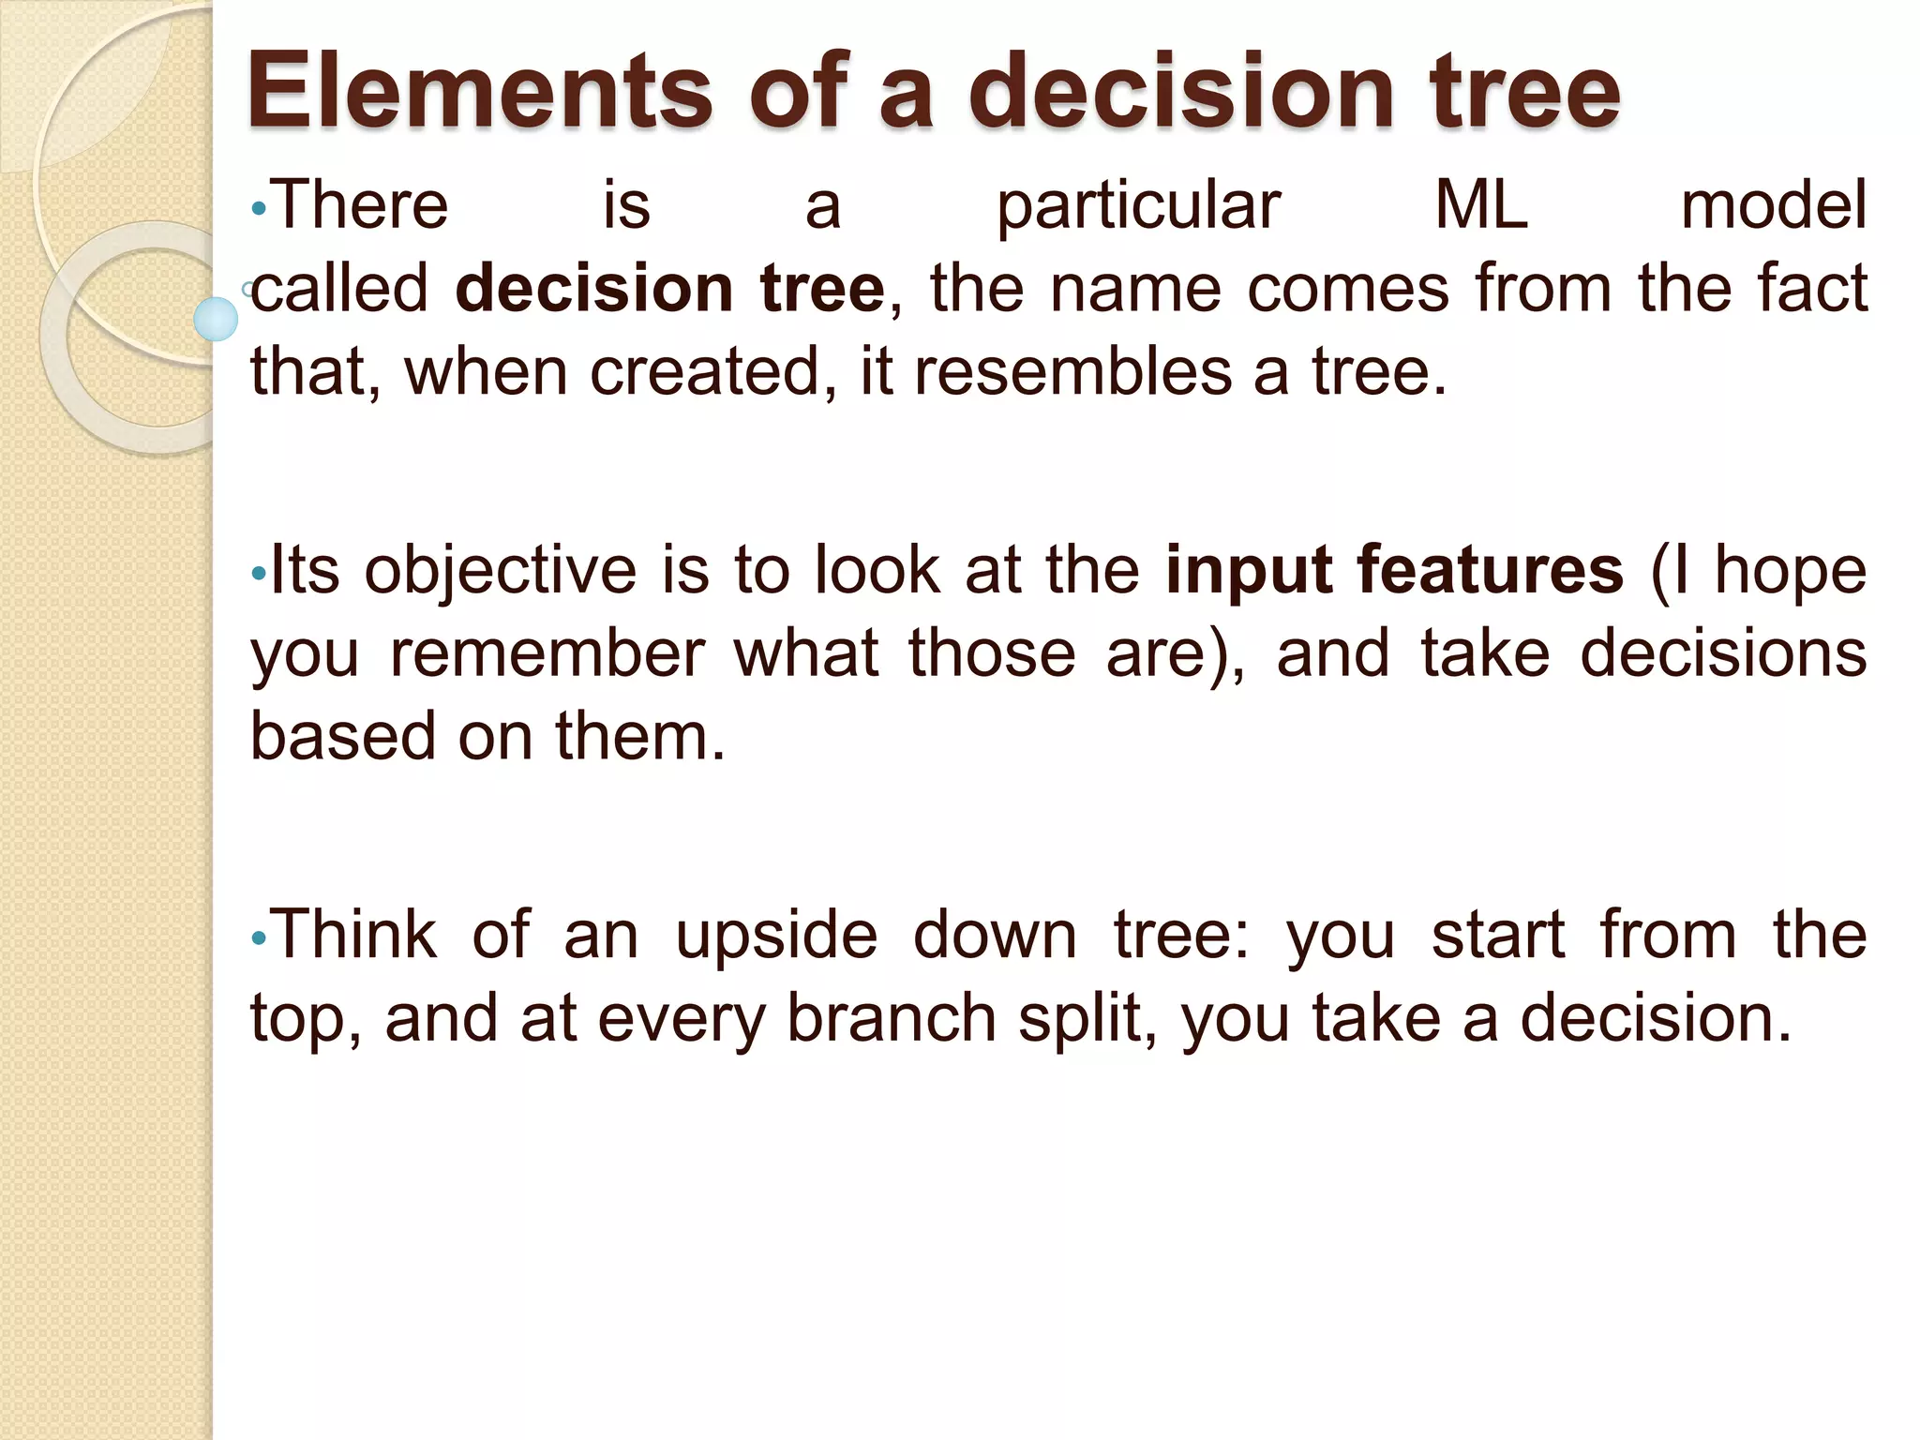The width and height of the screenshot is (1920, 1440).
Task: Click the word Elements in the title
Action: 479,91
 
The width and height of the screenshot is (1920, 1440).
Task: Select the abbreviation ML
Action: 1481,206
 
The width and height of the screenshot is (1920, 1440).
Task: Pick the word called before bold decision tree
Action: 340,289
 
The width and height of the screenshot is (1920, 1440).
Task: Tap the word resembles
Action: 1072,372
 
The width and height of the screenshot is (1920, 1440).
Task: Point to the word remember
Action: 547,653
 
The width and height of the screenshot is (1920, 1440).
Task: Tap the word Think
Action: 355,935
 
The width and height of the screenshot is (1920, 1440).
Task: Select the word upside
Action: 776,937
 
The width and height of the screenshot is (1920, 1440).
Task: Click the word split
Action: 1086,1020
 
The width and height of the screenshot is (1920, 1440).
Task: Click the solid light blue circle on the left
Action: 216,319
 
